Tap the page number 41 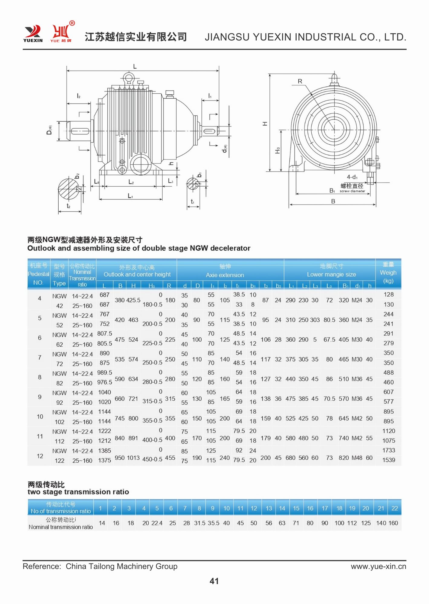pyautogui.click(x=214, y=581)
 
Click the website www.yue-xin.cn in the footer pyautogui.click(x=378, y=566)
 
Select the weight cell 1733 pyautogui.click(x=388, y=450)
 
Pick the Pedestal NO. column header pyautogui.click(x=38, y=274)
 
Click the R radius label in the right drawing pyautogui.click(x=300, y=81)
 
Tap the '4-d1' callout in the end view pyautogui.click(x=352, y=177)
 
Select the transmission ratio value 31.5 pyautogui.click(x=200, y=523)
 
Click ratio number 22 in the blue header pyautogui.click(x=395, y=508)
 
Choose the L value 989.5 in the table pyautogui.click(x=105, y=373)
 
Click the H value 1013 pyautogui.click(x=133, y=458)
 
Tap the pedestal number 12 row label pyautogui.click(x=40, y=456)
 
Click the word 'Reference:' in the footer pyautogui.click(x=42, y=566)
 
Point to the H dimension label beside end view pyautogui.click(x=265, y=124)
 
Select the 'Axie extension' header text pyautogui.click(x=225, y=275)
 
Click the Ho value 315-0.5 pyautogui.click(x=152, y=401)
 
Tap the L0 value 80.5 pyautogui.click(x=329, y=320)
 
